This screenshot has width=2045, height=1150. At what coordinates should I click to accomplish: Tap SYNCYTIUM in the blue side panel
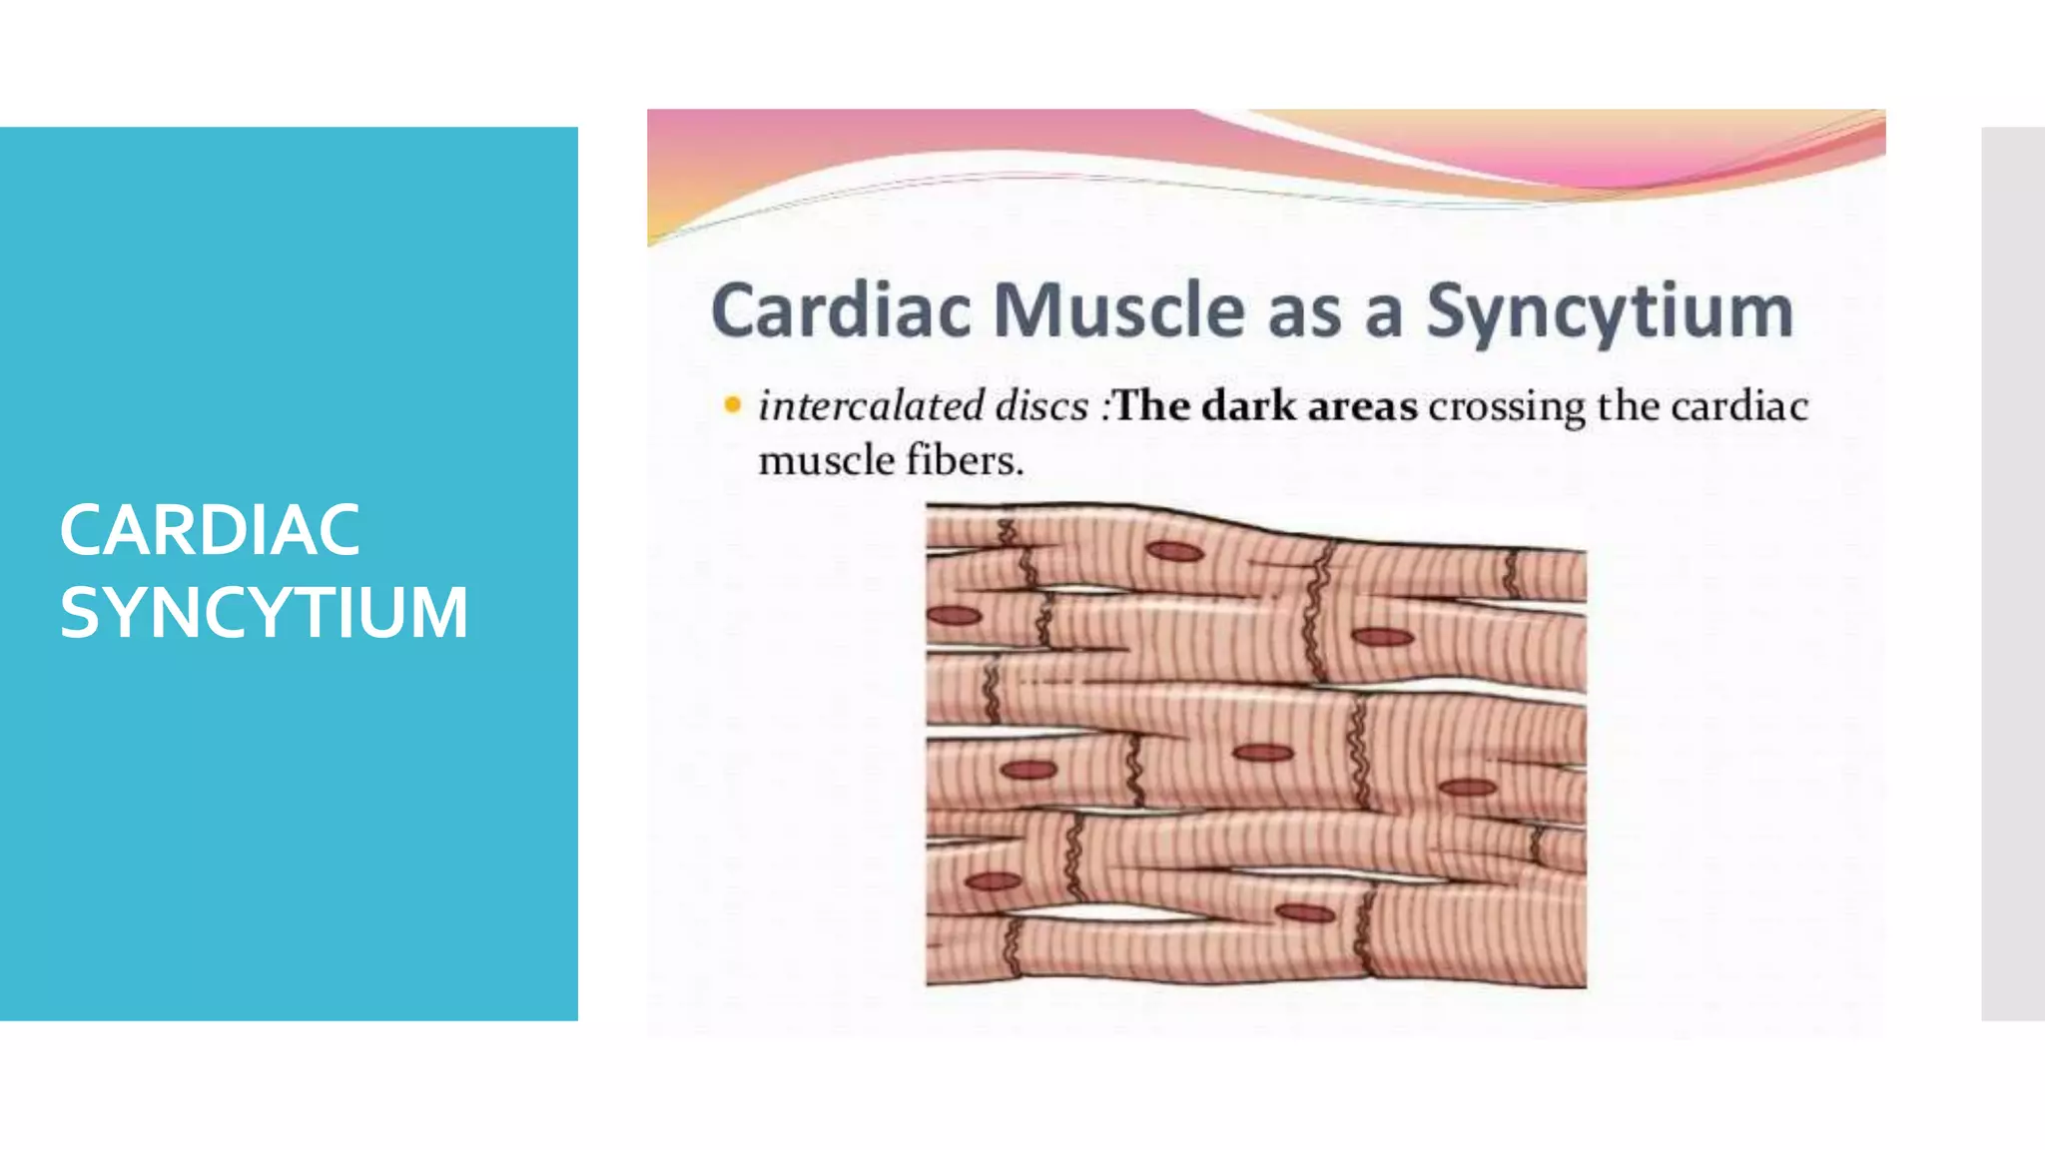pyautogui.click(x=264, y=612)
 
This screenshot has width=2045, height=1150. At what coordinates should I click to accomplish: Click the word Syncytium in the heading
pyautogui.click(x=1610, y=312)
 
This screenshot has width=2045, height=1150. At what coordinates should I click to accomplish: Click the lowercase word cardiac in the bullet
pyautogui.click(x=1739, y=406)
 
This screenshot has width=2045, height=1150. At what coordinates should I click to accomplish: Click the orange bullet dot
pyautogui.click(x=733, y=405)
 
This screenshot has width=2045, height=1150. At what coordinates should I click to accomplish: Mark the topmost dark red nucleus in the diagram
pyautogui.click(x=1174, y=552)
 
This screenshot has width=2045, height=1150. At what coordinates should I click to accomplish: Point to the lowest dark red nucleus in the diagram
pyautogui.click(x=1305, y=912)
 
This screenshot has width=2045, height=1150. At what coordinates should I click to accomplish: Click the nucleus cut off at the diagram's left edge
pyautogui.click(x=953, y=615)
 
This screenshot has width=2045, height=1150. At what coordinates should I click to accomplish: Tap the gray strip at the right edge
pyautogui.click(x=2013, y=574)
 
